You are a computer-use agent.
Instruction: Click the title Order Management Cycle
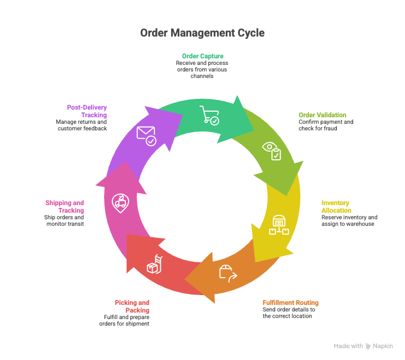click(202, 33)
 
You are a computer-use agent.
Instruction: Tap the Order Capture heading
click(203, 56)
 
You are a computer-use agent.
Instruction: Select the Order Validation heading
click(322, 115)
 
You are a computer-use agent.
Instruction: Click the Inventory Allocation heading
click(336, 206)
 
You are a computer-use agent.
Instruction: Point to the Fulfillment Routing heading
click(291, 303)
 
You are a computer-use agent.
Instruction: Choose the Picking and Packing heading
click(132, 306)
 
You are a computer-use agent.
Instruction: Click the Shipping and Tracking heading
click(64, 206)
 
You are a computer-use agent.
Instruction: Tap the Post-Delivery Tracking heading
click(87, 111)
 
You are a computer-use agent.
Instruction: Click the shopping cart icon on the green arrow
click(209, 115)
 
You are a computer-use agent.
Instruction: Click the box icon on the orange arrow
click(228, 272)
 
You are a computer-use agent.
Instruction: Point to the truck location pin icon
click(120, 203)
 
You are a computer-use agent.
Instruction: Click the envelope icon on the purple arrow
click(147, 135)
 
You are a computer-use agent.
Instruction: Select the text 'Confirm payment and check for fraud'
click(325, 125)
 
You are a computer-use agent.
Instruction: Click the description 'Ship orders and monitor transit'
click(64, 220)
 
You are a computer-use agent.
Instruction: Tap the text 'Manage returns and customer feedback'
click(81, 125)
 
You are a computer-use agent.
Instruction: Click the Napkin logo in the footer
click(378, 346)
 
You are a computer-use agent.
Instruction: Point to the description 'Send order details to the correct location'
click(288, 313)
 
